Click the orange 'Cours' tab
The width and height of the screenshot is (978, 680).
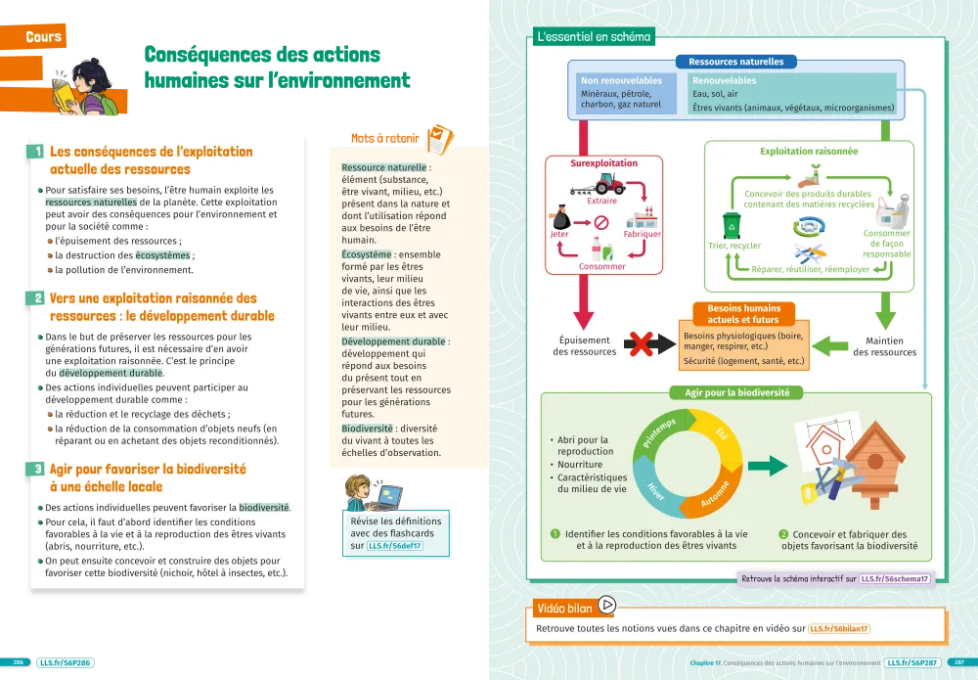[x=43, y=37]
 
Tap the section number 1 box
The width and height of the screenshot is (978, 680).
[x=35, y=152]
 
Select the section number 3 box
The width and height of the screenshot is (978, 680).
[x=35, y=470]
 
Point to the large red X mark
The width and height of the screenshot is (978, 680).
[x=642, y=344]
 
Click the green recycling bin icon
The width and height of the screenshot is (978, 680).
[x=731, y=226]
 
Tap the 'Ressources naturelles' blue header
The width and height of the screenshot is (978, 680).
[x=735, y=62]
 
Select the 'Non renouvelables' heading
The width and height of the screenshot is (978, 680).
[x=621, y=81]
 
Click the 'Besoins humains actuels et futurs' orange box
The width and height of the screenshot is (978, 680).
[x=744, y=314]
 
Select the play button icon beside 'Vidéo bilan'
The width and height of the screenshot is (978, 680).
[x=606, y=606]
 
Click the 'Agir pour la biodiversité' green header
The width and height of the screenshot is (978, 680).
[x=735, y=392]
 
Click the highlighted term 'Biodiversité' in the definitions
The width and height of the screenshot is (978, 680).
[x=368, y=429]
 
